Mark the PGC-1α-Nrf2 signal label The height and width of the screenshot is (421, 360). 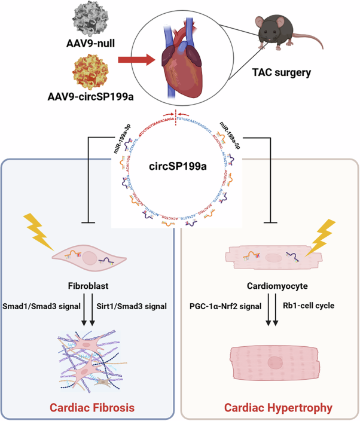(224, 307)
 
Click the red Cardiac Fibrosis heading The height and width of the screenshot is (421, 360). (90, 408)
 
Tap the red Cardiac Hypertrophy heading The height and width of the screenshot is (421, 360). (270, 408)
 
